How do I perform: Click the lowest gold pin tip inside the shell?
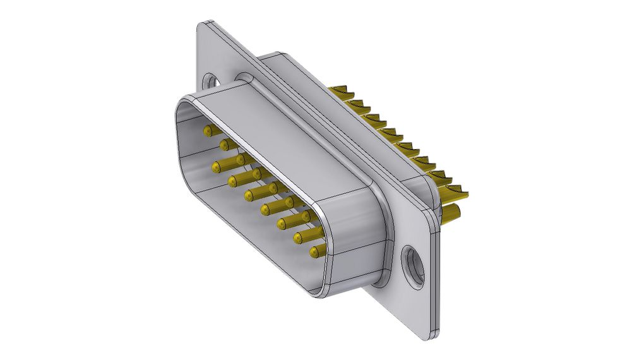tap(314, 252)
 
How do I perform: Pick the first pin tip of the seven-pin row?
tap(217, 167)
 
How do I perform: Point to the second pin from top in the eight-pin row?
tap(224, 145)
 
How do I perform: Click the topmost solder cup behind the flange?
tap(341, 92)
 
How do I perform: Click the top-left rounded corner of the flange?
tap(203, 28)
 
